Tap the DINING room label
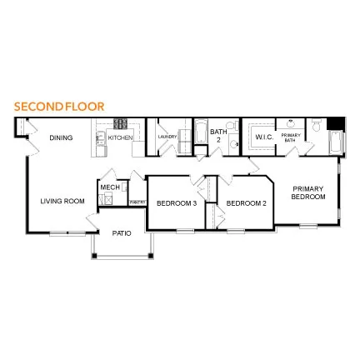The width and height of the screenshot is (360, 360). [61, 137]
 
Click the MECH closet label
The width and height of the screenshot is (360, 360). [108, 187]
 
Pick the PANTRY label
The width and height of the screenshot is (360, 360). [137, 201]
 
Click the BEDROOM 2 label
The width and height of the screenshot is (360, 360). [246, 202]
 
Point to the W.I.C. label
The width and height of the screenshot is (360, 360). [264, 137]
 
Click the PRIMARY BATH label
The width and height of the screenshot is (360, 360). [291, 137]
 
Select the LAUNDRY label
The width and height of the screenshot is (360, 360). [167, 137]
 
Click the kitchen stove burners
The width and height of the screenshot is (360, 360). [120, 124]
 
